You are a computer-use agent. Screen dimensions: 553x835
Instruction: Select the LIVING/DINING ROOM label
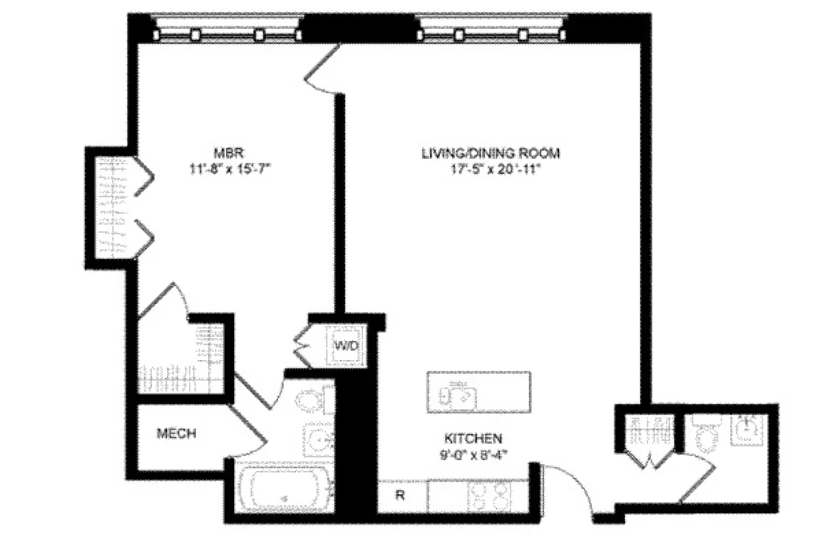coord(490,153)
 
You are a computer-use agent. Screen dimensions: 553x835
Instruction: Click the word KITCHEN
coord(472,438)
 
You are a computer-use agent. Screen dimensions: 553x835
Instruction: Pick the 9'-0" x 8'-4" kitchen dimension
coord(472,453)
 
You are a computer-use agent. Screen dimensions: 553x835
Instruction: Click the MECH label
coord(176,434)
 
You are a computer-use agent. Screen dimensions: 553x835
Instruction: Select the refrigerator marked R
coord(400,496)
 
